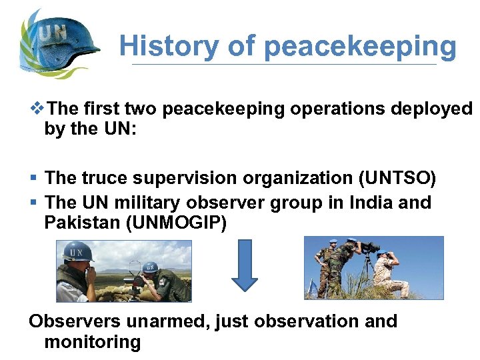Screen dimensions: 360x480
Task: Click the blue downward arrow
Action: [245, 265]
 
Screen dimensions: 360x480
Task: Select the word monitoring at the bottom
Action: [93, 343]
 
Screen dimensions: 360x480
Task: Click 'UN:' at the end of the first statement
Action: [119, 129]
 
